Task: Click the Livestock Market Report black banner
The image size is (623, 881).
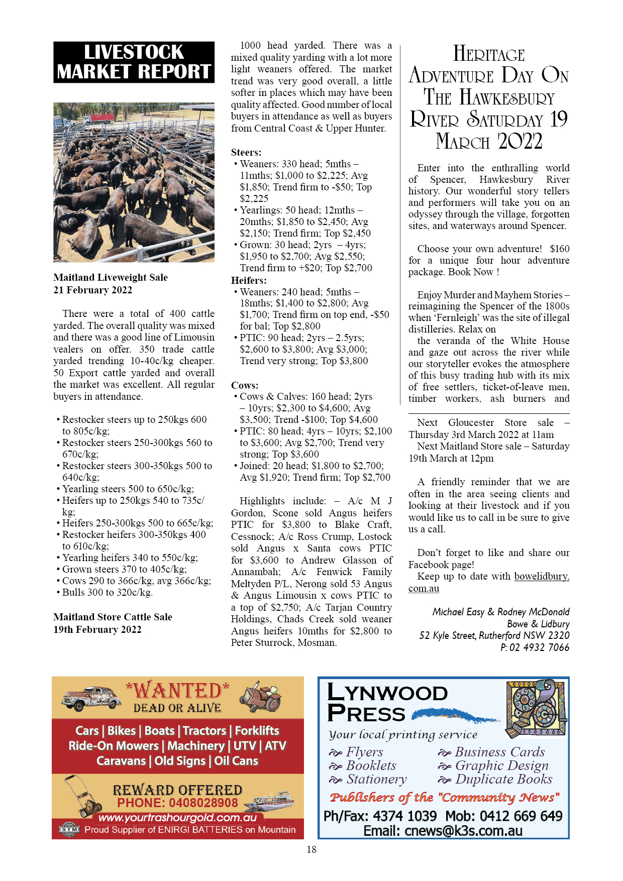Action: click(x=134, y=62)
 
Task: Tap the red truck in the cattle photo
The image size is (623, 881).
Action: click(x=98, y=119)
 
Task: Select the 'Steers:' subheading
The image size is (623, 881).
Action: click(x=246, y=152)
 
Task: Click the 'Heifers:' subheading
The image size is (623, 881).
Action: click(x=249, y=280)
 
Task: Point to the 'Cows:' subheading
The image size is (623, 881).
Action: click(x=245, y=385)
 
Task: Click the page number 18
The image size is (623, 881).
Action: click(x=311, y=849)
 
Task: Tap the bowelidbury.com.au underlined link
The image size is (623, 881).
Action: click(x=542, y=577)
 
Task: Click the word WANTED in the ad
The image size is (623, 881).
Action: click(x=177, y=691)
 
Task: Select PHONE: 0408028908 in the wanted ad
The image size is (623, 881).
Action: click(x=177, y=803)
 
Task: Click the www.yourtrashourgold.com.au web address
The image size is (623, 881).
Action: click(x=177, y=817)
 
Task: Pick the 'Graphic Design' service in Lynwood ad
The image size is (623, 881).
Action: click(x=501, y=765)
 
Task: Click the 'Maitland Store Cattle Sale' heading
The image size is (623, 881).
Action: click(x=113, y=617)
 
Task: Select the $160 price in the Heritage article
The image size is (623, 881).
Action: click(x=560, y=249)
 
